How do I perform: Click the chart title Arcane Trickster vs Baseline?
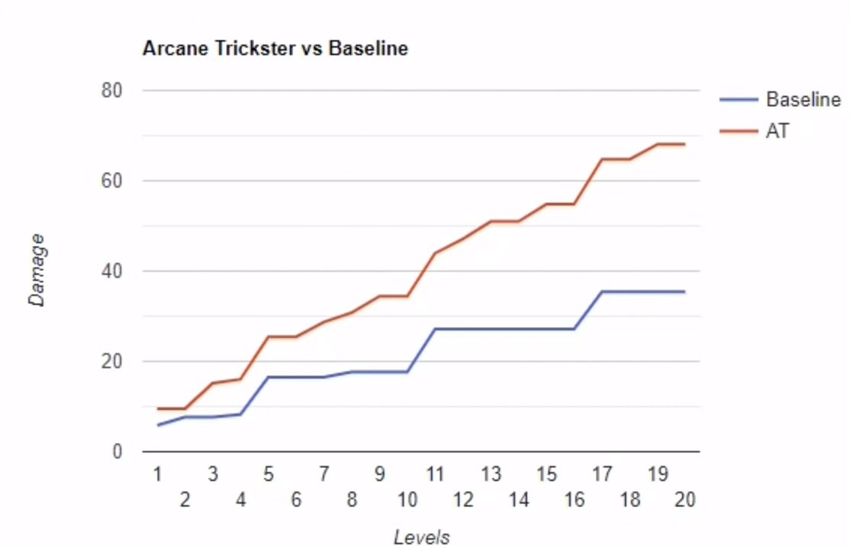point(275,50)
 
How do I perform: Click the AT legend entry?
point(778,131)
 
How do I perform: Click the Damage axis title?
point(37,271)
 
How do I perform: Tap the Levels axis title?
point(421,537)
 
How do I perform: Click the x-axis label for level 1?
point(157,475)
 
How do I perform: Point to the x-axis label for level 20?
point(684,500)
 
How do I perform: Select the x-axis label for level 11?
point(435,475)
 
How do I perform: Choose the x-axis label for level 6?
point(296,500)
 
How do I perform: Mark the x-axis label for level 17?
point(602,475)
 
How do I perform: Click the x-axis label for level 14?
point(519,500)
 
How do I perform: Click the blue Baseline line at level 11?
point(435,329)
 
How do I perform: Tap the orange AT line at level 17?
point(602,159)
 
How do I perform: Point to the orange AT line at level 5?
point(269,337)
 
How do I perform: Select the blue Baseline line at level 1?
point(158,425)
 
